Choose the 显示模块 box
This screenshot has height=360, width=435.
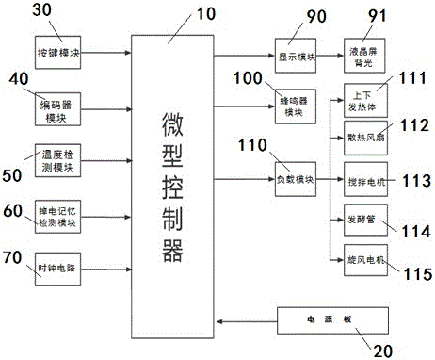(294, 55)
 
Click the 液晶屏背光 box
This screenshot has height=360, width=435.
(362, 55)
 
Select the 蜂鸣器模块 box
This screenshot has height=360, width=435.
(294, 109)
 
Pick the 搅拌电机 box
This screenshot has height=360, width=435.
(361, 179)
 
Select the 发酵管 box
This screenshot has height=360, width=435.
(361, 220)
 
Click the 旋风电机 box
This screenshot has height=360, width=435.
(361, 259)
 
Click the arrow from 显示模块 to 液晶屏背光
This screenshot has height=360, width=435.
(327, 55)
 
